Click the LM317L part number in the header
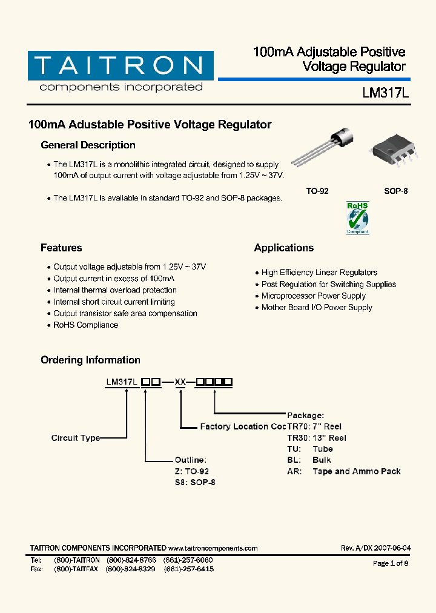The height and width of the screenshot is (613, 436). click(386, 93)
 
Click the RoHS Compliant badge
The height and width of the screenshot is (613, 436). click(357, 218)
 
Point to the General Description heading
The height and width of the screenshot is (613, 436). click(88, 145)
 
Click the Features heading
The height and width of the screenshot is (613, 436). click(61, 248)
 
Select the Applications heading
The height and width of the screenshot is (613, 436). click(283, 248)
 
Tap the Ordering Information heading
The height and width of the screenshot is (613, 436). click(90, 360)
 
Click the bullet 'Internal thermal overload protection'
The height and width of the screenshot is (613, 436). click(115, 290)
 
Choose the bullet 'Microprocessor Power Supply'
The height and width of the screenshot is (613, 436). click(313, 296)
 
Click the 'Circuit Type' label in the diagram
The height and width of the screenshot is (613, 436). click(75, 438)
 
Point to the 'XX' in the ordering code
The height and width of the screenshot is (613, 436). click(180, 382)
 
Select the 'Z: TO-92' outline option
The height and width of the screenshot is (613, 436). click(192, 471)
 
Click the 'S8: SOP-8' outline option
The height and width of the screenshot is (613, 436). click(195, 483)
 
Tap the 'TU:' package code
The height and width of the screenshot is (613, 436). click(293, 449)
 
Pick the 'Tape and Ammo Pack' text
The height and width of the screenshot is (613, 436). click(356, 471)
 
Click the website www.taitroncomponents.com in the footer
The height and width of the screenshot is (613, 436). click(213, 548)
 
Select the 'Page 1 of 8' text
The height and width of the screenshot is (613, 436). click(391, 563)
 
